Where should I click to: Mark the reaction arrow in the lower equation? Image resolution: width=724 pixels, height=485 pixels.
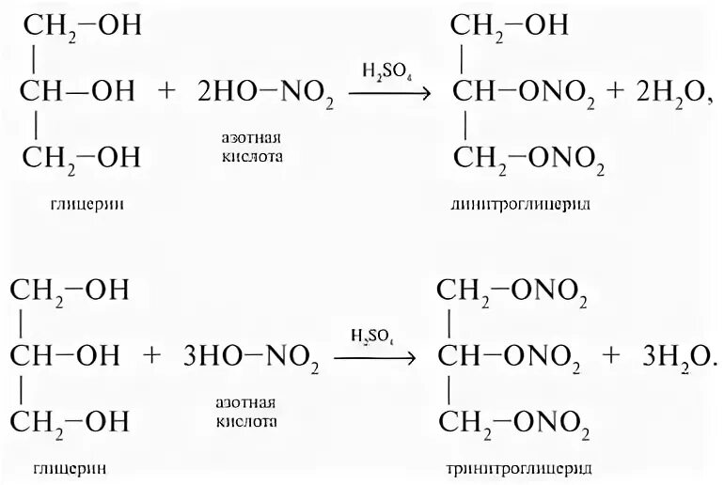376,357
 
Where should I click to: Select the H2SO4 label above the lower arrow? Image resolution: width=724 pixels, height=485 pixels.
372,336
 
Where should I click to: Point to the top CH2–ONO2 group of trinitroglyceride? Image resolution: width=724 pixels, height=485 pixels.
515,290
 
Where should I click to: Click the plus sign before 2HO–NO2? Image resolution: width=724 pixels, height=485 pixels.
167,93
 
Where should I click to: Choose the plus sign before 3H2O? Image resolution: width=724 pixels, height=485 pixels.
612,357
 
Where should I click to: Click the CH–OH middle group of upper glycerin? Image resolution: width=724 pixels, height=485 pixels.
79,92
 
